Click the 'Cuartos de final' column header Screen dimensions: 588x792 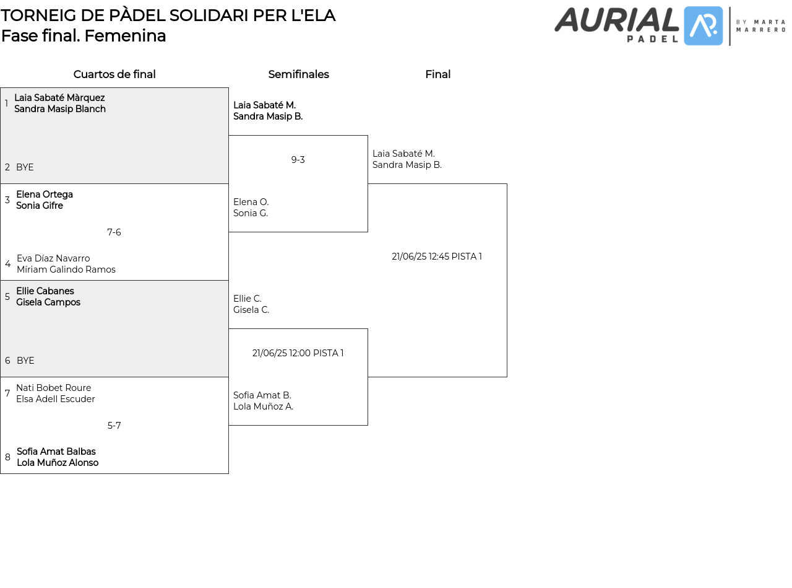coord(114,74)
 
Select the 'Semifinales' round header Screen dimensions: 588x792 coord(298,74)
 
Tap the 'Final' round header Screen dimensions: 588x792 coord(437,74)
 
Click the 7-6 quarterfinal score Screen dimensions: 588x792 coord(114,232)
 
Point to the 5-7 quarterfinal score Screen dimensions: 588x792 coord(114,426)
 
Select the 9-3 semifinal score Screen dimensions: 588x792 coord(298,160)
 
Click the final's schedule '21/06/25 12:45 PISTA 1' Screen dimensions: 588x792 coord(437,257)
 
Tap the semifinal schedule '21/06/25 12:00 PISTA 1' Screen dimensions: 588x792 coord(298,353)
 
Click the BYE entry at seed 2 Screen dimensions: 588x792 coord(25,167)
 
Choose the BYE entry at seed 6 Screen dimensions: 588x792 coord(25,361)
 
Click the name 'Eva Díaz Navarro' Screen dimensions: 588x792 coord(53,258)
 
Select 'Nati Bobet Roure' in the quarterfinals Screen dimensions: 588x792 coord(54,388)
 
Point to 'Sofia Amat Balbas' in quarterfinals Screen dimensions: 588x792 coord(56,452)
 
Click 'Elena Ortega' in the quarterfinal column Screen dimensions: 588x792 coord(45,195)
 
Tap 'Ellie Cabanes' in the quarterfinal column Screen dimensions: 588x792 coord(45,291)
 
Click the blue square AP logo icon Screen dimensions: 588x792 coord(704,26)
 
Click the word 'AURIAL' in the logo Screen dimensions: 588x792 coord(616,20)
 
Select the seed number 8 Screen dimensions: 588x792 coord(7,457)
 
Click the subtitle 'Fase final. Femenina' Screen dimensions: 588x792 coord(84,36)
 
